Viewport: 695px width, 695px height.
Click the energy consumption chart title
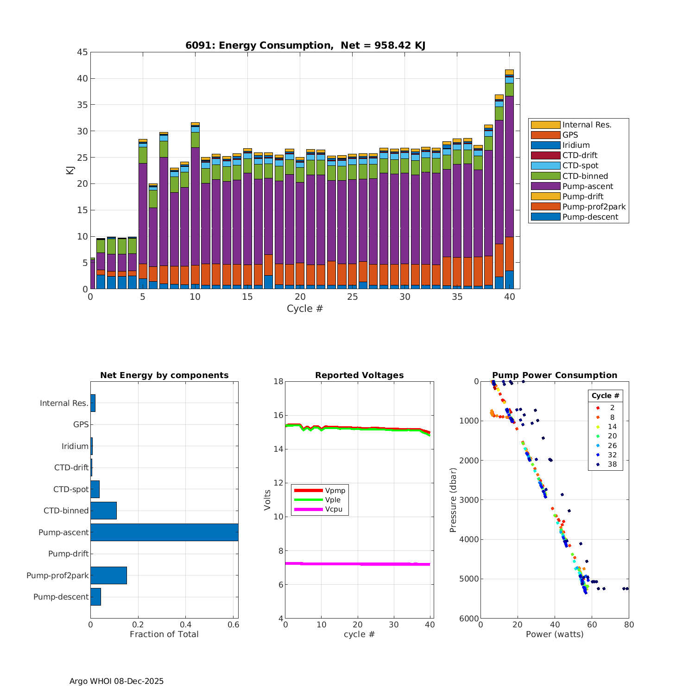click(305, 45)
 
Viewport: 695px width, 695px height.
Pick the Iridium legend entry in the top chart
click(576, 145)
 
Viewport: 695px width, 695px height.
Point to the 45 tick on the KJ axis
click(82, 52)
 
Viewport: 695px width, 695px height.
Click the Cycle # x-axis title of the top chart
click(304, 309)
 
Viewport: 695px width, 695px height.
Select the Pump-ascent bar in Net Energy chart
click(164, 532)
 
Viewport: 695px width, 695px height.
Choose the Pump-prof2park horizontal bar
click(108, 575)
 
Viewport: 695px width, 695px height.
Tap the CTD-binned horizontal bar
click(103, 511)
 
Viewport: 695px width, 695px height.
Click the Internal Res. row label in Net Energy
click(64, 403)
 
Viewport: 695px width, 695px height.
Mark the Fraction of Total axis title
click(164, 634)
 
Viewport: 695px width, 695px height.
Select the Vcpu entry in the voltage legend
click(334, 509)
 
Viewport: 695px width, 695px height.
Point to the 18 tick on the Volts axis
click(278, 382)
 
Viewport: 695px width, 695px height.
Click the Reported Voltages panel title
click(359, 375)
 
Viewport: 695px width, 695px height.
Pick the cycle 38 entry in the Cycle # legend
click(612, 464)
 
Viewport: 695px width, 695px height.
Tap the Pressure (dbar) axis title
click(453, 500)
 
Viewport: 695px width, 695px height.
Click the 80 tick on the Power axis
click(629, 625)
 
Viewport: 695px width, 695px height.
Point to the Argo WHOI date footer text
click(116, 681)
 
